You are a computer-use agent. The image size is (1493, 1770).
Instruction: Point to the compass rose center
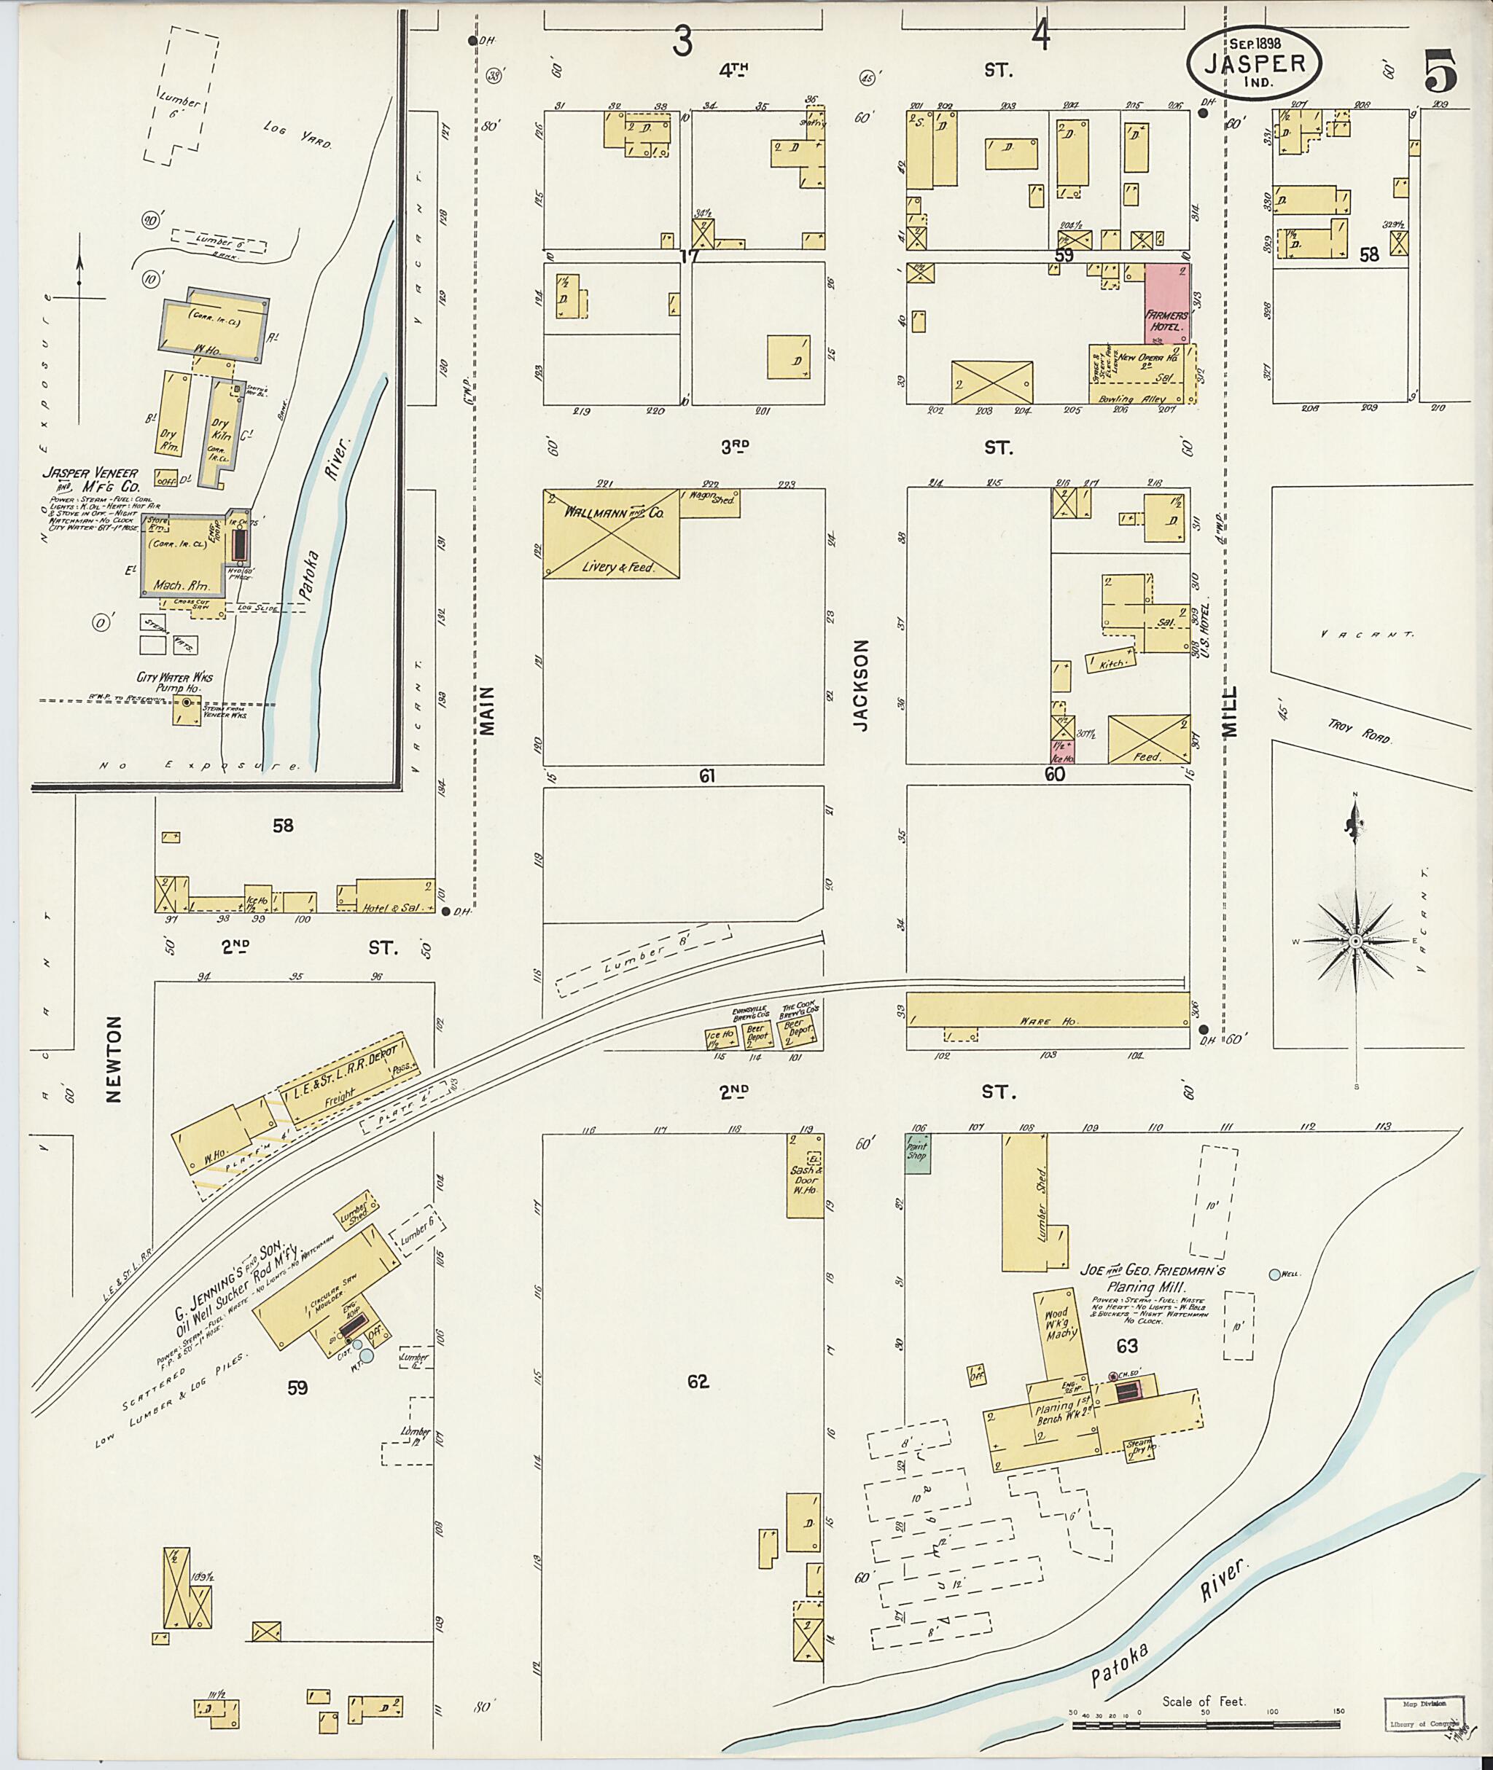click(x=1356, y=941)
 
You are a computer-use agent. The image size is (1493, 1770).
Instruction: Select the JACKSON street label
click(x=862, y=684)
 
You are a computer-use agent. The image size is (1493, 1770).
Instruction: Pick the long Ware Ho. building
click(x=1047, y=1021)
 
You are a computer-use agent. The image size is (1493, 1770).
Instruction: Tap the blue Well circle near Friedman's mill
click(x=1274, y=1274)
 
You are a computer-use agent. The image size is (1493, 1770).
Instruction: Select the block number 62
click(x=698, y=1382)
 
